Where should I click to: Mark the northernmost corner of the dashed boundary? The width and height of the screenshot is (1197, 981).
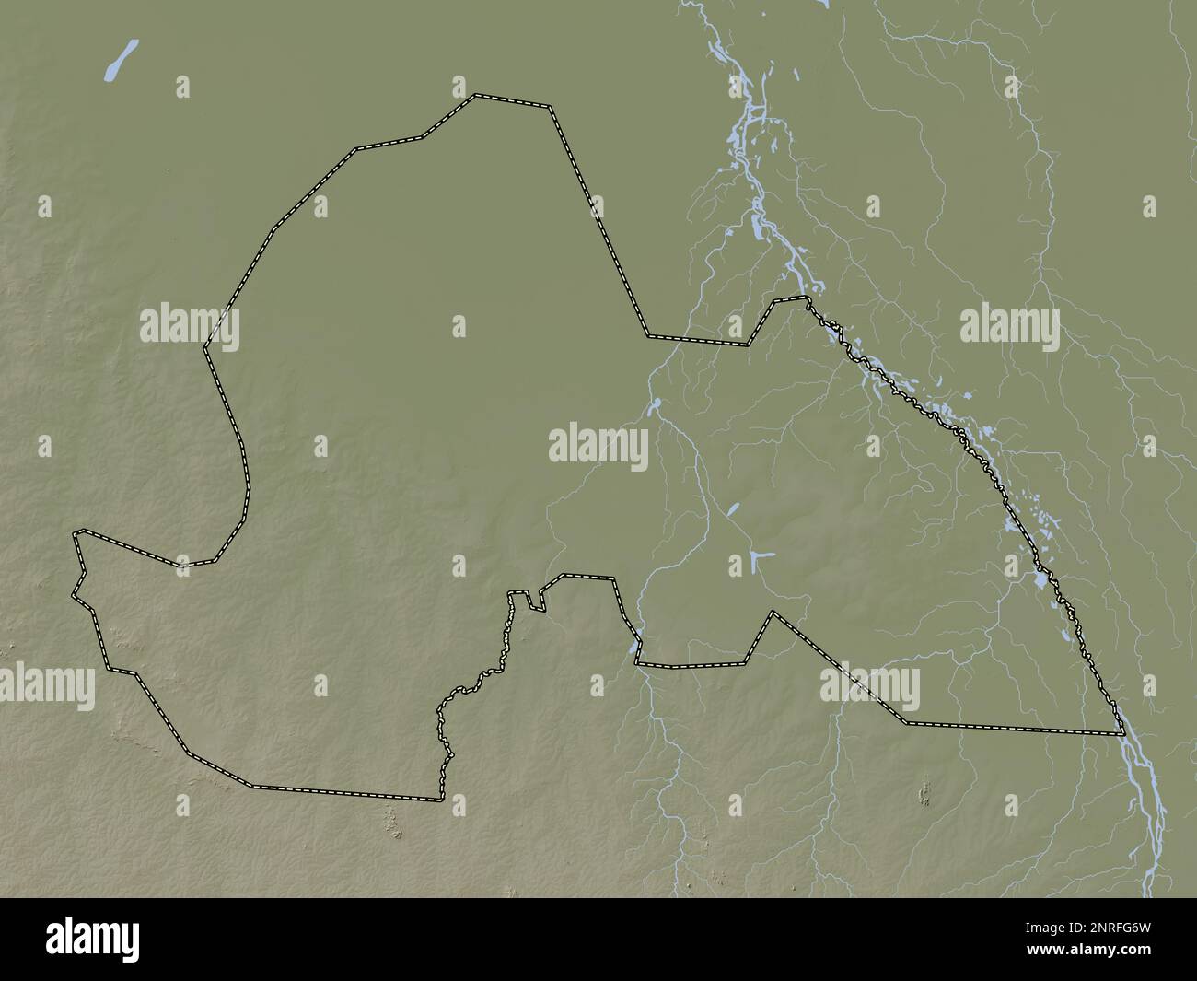tap(476, 94)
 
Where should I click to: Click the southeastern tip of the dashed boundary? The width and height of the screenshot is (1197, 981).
tap(1123, 734)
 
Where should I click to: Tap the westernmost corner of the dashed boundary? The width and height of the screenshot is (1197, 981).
tap(74, 595)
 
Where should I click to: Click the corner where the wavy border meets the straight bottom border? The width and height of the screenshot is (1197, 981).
tap(439, 799)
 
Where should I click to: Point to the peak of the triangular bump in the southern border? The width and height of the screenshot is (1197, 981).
tap(773, 612)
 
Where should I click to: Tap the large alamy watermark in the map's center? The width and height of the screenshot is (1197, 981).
tap(598, 447)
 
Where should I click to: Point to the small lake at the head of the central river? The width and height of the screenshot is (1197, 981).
tap(657, 403)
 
